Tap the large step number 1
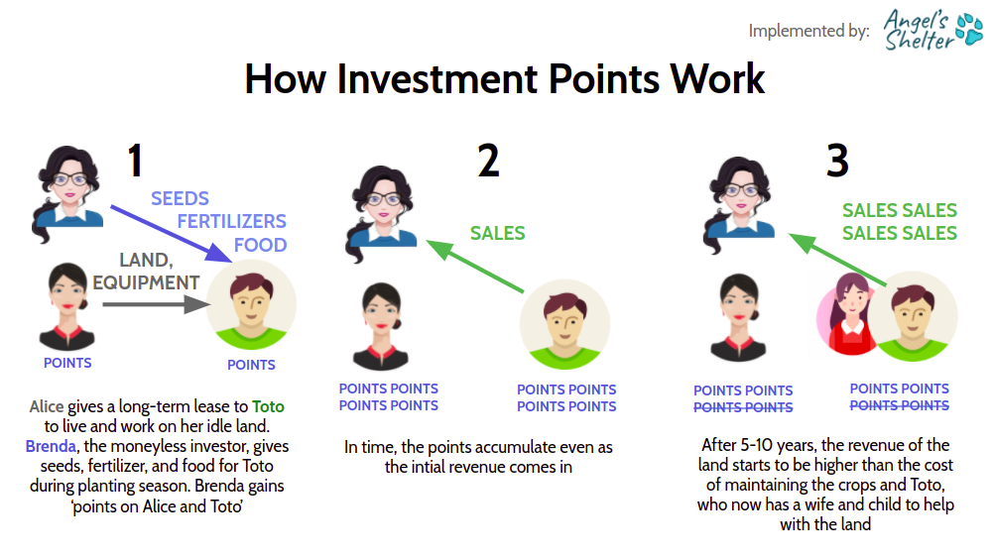(135, 160)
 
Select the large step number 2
(488, 161)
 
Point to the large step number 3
(837, 161)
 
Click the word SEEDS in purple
(180, 199)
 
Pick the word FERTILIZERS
(232, 222)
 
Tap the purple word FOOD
(260, 245)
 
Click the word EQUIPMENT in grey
(146, 282)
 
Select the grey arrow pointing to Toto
(157, 304)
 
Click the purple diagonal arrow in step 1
(171, 234)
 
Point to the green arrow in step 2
(475, 267)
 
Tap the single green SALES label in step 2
(498, 234)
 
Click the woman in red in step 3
(848, 314)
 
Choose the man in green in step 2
(564, 325)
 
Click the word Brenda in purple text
(51, 446)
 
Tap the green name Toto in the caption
(268, 406)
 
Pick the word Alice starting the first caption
(47, 406)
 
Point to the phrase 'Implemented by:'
(809, 31)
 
